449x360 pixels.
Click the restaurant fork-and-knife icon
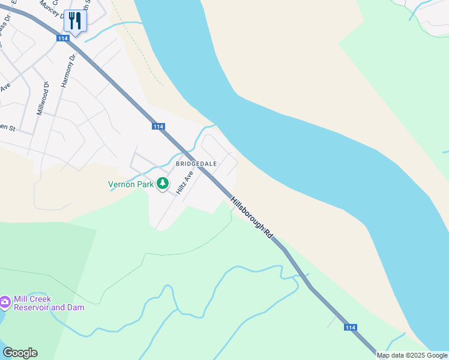pos(76,21)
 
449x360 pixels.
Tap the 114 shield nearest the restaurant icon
pos(62,38)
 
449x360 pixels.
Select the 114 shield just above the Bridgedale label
pos(158,127)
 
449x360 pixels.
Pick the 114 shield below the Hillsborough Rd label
pos(351,328)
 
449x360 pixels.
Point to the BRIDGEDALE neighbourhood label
pos(196,163)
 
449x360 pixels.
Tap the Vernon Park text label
pos(130,185)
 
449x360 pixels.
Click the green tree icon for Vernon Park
pos(162,184)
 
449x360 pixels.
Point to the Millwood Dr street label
pos(41,98)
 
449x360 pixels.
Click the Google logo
pos(20,353)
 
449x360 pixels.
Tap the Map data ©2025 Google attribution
pos(412,355)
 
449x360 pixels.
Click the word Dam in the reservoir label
pos(76,308)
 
